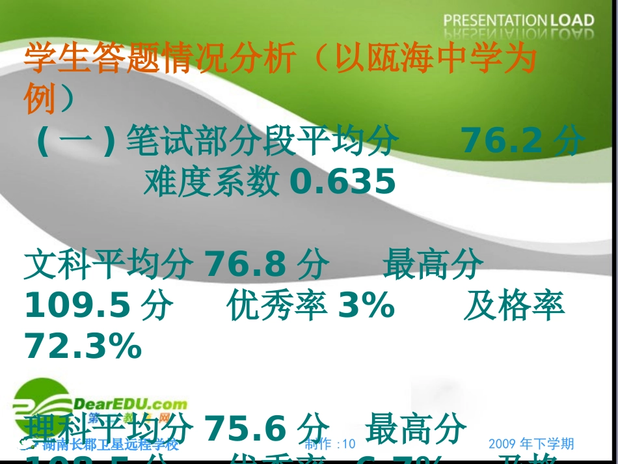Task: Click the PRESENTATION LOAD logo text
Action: click(x=518, y=20)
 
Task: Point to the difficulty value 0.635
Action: click(x=342, y=182)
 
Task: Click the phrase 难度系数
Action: click(x=211, y=182)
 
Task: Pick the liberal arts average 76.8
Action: click(x=246, y=264)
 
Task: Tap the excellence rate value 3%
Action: click(x=366, y=306)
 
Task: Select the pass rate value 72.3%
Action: click(x=83, y=346)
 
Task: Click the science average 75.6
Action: click(x=246, y=428)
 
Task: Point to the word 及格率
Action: click(x=514, y=306)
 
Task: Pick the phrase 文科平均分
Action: click(x=108, y=264)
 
